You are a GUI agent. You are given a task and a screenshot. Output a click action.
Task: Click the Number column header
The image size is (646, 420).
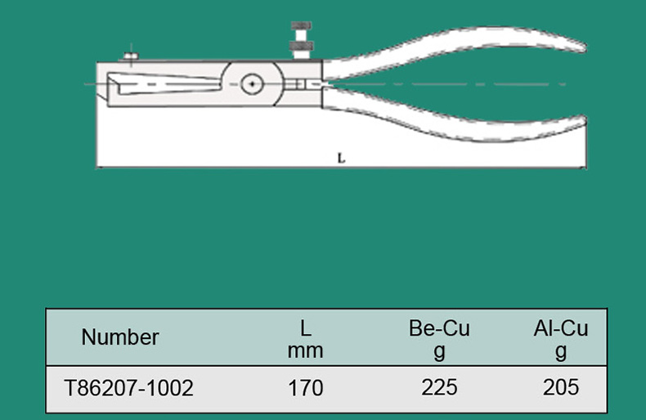coord(120,337)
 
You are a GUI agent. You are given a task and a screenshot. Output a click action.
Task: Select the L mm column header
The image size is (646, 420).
coord(305,340)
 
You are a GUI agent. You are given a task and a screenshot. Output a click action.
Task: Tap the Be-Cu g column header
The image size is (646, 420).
coord(439,340)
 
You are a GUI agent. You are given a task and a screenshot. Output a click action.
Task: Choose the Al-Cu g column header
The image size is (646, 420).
coord(561,340)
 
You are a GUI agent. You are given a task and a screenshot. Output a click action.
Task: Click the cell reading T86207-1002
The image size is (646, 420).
coord(128,388)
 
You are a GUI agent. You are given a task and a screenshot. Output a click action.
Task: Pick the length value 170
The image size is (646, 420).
coord(305,388)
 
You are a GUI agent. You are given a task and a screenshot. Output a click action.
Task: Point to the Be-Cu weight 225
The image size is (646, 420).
coord(439,387)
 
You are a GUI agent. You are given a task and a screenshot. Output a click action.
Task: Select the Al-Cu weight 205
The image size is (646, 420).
coord(561,387)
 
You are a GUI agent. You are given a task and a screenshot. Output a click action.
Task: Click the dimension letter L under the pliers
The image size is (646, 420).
coord(341,158)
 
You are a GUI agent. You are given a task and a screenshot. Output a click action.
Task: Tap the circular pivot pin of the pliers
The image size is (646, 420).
coord(252,84)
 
